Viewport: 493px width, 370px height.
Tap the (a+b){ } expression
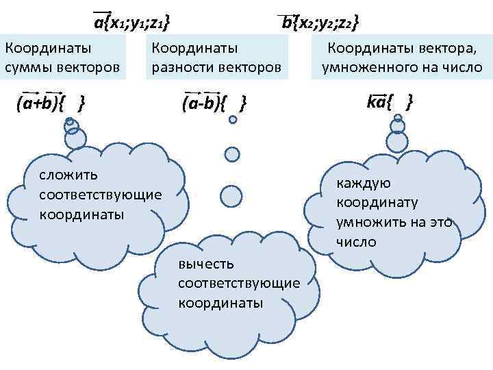(x=51, y=103)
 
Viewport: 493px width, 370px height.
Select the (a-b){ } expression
(x=214, y=103)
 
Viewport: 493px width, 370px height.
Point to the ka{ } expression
(x=390, y=103)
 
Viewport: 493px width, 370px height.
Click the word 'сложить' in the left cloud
(x=68, y=176)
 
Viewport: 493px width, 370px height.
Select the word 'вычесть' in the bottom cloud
(x=205, y=264)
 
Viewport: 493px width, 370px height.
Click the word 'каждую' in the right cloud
(x=363, y=184)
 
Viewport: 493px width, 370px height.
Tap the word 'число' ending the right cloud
(x=356, y=243)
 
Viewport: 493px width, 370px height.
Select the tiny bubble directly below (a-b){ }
(x=233, y=120)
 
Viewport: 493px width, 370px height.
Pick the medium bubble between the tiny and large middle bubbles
(x=233, y=153)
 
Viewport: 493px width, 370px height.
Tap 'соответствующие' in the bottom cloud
(x=238, y=283)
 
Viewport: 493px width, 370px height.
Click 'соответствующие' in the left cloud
(x=101, y=195)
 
